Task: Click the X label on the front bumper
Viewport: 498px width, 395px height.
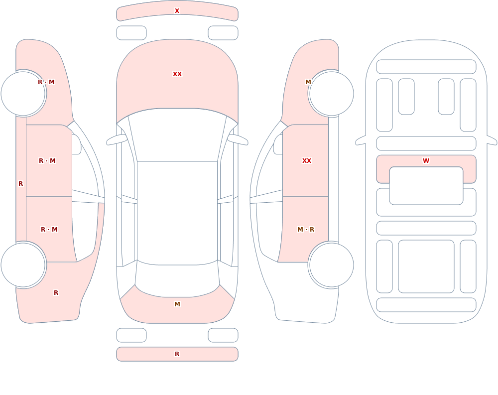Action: click(x=177, y=11)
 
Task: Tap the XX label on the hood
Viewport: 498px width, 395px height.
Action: click(x=177, y=74)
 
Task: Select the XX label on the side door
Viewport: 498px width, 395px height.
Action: click(x=306, y=161)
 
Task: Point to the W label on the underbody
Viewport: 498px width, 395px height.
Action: click(x=426, y=161)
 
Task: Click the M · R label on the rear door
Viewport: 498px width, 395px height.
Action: click(x=306, y=230)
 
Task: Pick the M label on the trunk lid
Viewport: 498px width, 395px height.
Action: click(x=177, y=304)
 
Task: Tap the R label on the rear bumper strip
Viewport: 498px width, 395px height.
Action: click(x=177, y=354)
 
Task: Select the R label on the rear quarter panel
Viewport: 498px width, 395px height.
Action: click(x=56, y=293)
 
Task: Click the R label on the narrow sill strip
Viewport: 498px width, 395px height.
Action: click(x=20, y=184)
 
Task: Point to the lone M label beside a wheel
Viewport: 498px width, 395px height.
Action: click(x=308, y=82)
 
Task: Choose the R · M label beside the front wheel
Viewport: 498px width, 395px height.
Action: click(x=46, y=82)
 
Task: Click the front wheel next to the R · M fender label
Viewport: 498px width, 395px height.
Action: click(x=23, y=94)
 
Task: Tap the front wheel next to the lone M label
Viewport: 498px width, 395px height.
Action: click(x=331, y=94)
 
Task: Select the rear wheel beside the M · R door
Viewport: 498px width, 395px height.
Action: click(x=331, y=264)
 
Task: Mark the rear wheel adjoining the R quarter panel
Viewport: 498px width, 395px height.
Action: click(x=23, y=264)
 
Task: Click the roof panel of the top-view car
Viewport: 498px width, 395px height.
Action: click(x=177, y=213)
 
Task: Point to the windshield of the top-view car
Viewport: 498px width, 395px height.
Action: click(x=177, y=135)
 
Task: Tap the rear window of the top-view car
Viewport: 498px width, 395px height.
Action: click(x=177, y=279)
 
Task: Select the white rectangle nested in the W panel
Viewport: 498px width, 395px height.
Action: click(x=426, y=186)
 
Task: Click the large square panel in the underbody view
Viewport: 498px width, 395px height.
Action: click(x=426, y=266)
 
